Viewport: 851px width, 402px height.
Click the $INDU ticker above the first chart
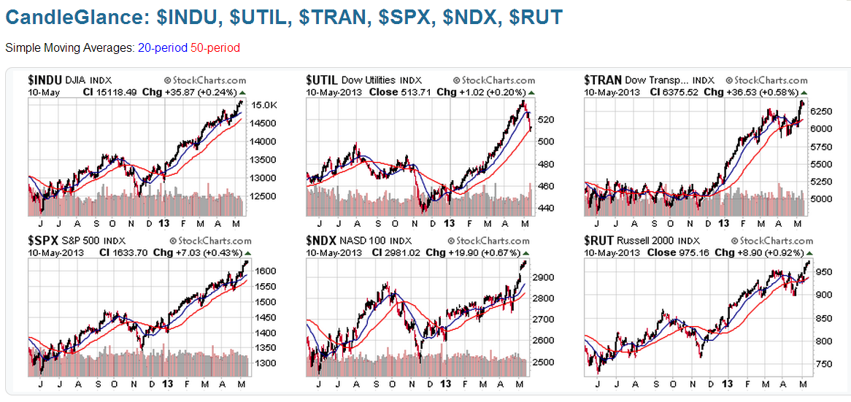point(45,80)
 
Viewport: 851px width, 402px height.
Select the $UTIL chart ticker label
point(322,80)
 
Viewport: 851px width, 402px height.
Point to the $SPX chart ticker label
point(43,240)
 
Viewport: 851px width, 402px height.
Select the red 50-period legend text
point(215,47)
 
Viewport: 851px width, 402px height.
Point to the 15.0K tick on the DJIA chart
point(264,105)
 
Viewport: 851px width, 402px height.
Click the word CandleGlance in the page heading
point(66,17)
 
